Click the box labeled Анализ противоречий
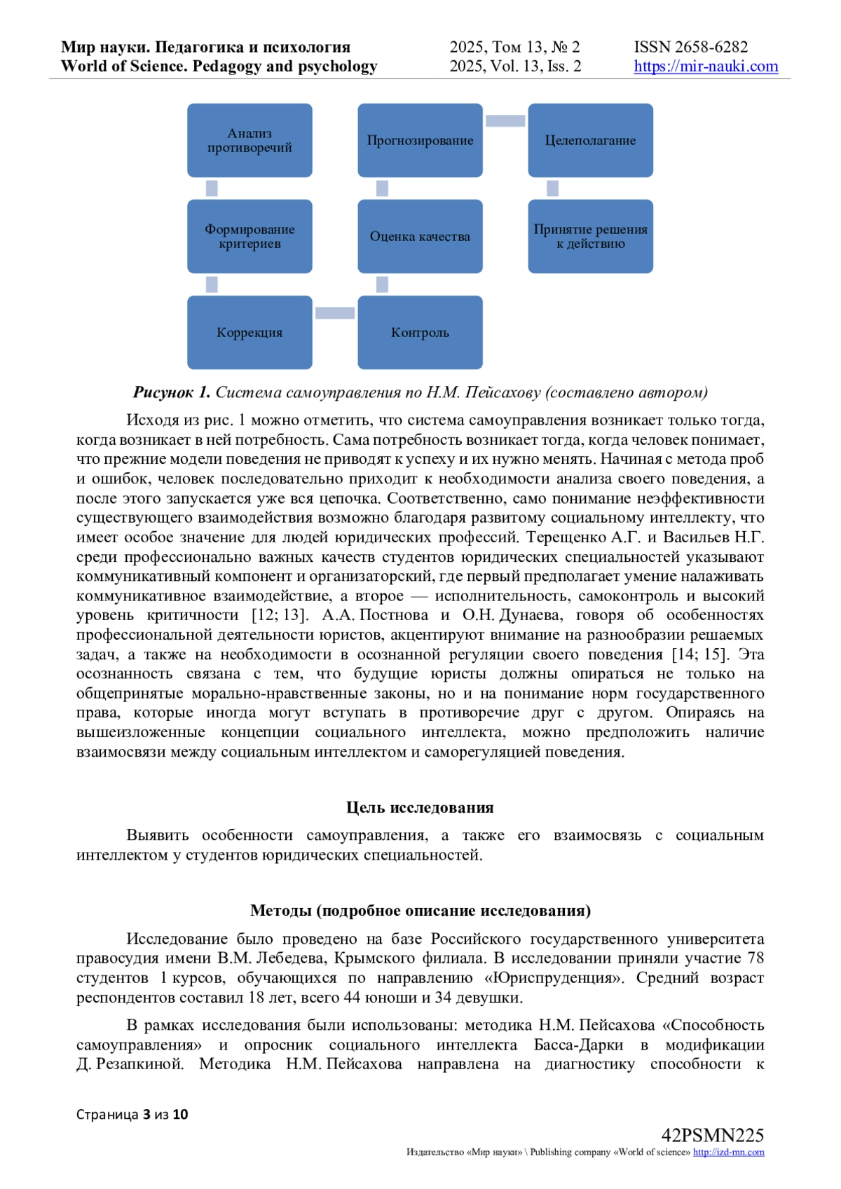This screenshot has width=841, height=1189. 249,140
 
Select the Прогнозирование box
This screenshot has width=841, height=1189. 420,140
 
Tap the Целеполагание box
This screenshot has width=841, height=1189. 590,140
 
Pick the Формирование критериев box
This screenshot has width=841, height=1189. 249,236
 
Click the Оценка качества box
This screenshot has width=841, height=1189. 420,236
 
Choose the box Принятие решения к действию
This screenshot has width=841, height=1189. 590,236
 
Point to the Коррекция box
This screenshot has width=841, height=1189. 249,332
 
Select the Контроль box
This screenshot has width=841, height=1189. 420,332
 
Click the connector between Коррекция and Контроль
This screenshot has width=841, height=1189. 335,313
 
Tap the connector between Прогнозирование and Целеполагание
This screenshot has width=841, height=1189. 505,121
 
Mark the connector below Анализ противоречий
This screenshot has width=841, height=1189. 212,188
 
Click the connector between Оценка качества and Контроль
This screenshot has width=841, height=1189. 382,284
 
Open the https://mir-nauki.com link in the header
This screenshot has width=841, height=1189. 706,67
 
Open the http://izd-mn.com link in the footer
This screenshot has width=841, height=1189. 728,1152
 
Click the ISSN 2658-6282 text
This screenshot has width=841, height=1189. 690,47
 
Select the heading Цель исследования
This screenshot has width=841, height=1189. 420,807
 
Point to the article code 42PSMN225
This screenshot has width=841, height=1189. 712,1135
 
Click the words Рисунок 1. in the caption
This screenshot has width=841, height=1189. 172,392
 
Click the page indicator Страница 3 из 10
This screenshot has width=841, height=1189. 132,1114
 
